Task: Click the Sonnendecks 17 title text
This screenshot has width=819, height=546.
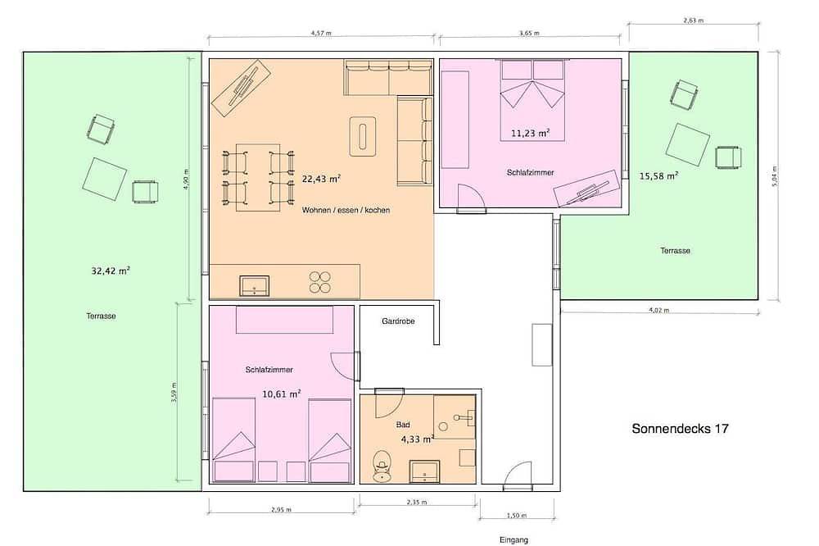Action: point(680,429)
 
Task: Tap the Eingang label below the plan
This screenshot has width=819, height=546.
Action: point(514,539)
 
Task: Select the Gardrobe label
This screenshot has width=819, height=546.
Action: point(398,321)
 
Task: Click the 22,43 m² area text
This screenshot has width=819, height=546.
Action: point(321,179)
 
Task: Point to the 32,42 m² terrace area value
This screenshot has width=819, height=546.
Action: point(111,271)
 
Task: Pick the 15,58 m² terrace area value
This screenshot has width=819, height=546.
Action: point(659,176)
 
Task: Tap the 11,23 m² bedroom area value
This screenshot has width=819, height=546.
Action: point(530,134)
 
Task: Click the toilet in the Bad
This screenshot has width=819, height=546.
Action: point(382,464)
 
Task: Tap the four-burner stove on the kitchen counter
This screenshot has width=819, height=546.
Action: point(319,282)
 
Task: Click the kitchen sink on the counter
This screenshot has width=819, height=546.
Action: point(255,286)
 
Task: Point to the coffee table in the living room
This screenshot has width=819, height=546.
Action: point(363,136)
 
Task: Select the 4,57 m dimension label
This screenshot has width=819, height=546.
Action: point(321,33)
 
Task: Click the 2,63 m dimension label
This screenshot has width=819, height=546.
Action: point(693,20)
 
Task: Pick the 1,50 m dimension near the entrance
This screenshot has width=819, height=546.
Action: point(516,516)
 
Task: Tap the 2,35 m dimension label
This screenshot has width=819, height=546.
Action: point(417,502)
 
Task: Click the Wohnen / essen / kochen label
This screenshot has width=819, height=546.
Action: point(346,210)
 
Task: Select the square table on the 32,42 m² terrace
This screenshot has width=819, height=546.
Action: point(105,179)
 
